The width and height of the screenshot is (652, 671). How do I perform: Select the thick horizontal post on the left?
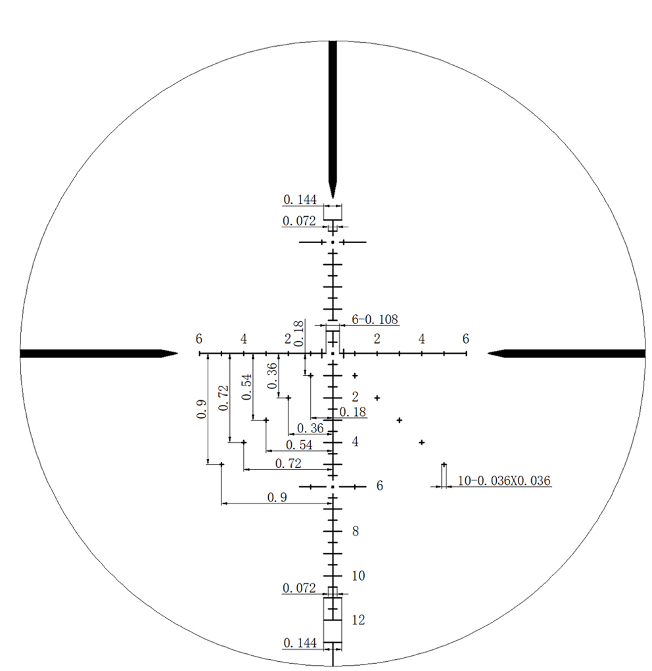[99, 354]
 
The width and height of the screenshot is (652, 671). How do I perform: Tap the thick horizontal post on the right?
[566, 354]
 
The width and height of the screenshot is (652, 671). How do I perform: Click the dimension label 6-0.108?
[375, 319]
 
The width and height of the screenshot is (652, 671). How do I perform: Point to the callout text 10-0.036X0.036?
[504, 480]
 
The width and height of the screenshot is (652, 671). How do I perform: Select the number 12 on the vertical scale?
[358, 620]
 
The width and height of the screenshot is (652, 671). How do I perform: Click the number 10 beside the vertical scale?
[358, 576]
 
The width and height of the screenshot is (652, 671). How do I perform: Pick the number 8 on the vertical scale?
[356, 531]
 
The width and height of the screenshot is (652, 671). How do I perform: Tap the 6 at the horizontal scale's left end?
[199, 339]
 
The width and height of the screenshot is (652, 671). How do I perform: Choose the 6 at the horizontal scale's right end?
[466, 339]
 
